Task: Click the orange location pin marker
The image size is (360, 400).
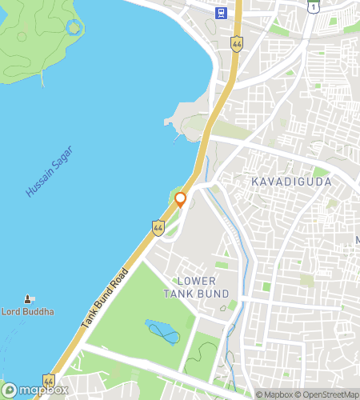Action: point(181,198)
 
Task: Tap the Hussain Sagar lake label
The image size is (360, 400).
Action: point(49,171)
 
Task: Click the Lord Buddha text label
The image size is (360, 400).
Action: point(28,312)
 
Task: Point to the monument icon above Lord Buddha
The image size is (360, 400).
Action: point(29,298)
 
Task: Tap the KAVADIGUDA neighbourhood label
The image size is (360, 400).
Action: point(291,182)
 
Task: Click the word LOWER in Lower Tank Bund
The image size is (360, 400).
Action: point(196,281)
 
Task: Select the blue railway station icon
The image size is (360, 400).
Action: point(221,12)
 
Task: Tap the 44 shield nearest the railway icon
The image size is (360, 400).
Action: point(237,44)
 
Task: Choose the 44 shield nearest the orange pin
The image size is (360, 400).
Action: point(158,228)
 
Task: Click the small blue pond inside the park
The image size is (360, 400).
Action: point(162,330)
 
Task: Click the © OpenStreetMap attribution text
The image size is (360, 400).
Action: point(328,394)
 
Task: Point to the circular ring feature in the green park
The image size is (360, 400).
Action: point(74,27)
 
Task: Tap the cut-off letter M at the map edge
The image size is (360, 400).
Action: point(357,240)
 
